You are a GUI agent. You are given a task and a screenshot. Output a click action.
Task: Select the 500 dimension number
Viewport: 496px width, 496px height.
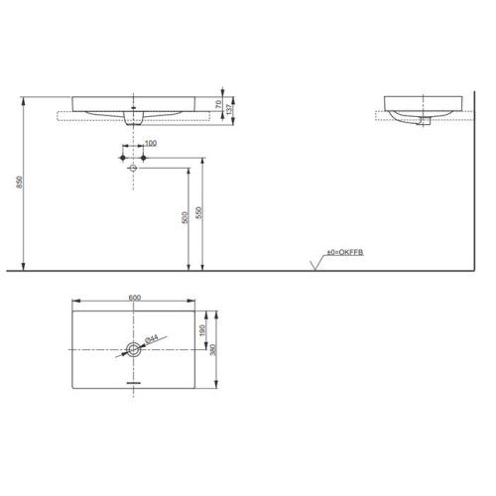185,218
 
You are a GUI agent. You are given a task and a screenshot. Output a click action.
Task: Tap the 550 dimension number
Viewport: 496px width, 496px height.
201,212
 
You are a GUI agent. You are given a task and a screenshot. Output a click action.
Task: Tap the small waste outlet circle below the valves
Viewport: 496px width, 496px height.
133,169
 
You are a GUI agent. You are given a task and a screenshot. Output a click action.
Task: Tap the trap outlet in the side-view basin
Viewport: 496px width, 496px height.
423,121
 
